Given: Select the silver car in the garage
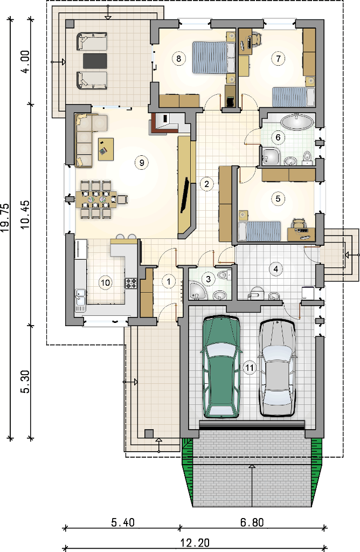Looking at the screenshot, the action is [x=278, y=368].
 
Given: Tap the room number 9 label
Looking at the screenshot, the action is [x=141, y=163].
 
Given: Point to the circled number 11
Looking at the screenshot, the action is [x=250, y=368].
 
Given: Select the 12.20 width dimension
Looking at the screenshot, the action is [x=195, y=542].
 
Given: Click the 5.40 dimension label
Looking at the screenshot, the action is [x=123, y=522].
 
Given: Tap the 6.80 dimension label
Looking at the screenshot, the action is [x=252, y=522].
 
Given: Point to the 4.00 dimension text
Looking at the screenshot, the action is [x=25, y=61].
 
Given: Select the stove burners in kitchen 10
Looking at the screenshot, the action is [x=131, y=284].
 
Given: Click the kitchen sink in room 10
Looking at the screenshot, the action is [x=80, y=299].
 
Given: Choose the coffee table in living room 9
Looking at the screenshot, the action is [x=106, y=149].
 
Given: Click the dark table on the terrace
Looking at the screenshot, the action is [x=95, y=61].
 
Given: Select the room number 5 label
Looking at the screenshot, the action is [x=278, y=199].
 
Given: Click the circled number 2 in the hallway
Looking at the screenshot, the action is [x=206, y=183].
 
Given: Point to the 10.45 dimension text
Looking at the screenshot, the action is [x=25, y=215].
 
